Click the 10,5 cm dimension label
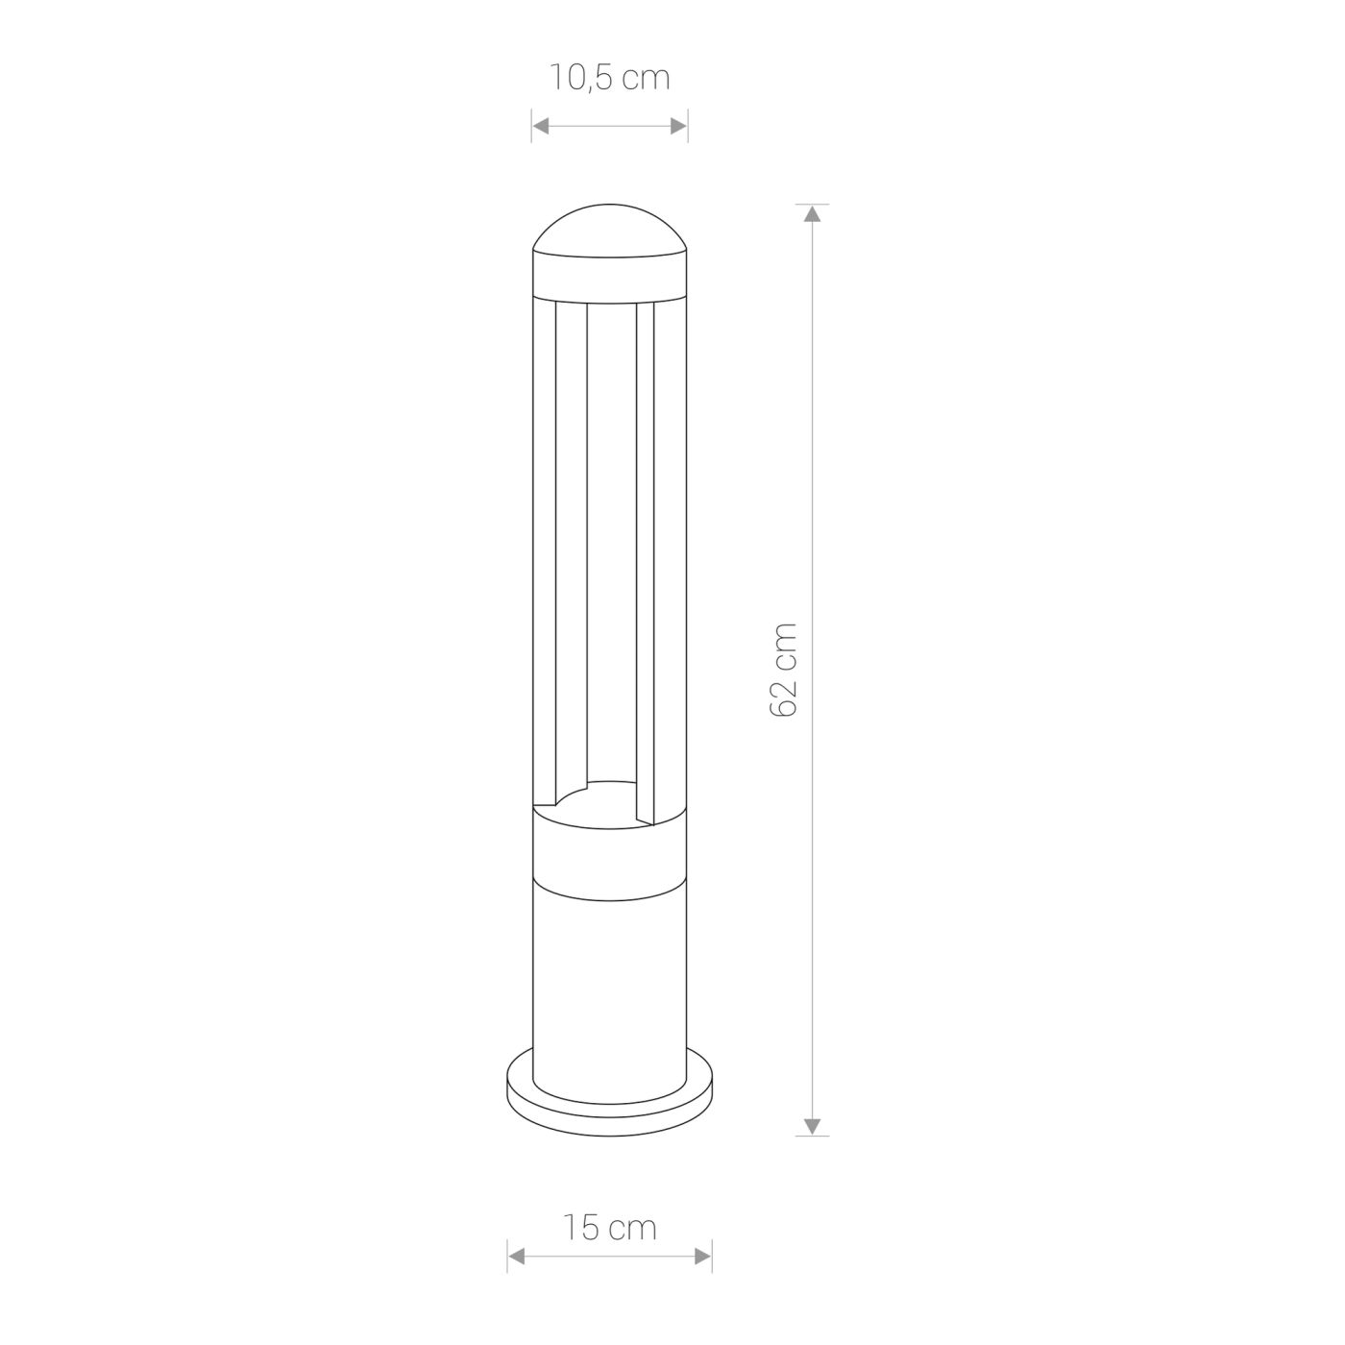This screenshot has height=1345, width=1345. coord(609,78)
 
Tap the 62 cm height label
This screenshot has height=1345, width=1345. coord(784,669)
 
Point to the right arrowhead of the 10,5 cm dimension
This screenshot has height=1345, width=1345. coord(679,125)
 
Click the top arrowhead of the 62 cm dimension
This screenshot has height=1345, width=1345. coord(813,213)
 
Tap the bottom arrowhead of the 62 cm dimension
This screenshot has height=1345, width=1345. coord(813,1126)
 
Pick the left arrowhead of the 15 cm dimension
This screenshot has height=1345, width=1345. coord(516,1256)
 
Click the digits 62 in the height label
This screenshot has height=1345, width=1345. coord(784,693)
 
